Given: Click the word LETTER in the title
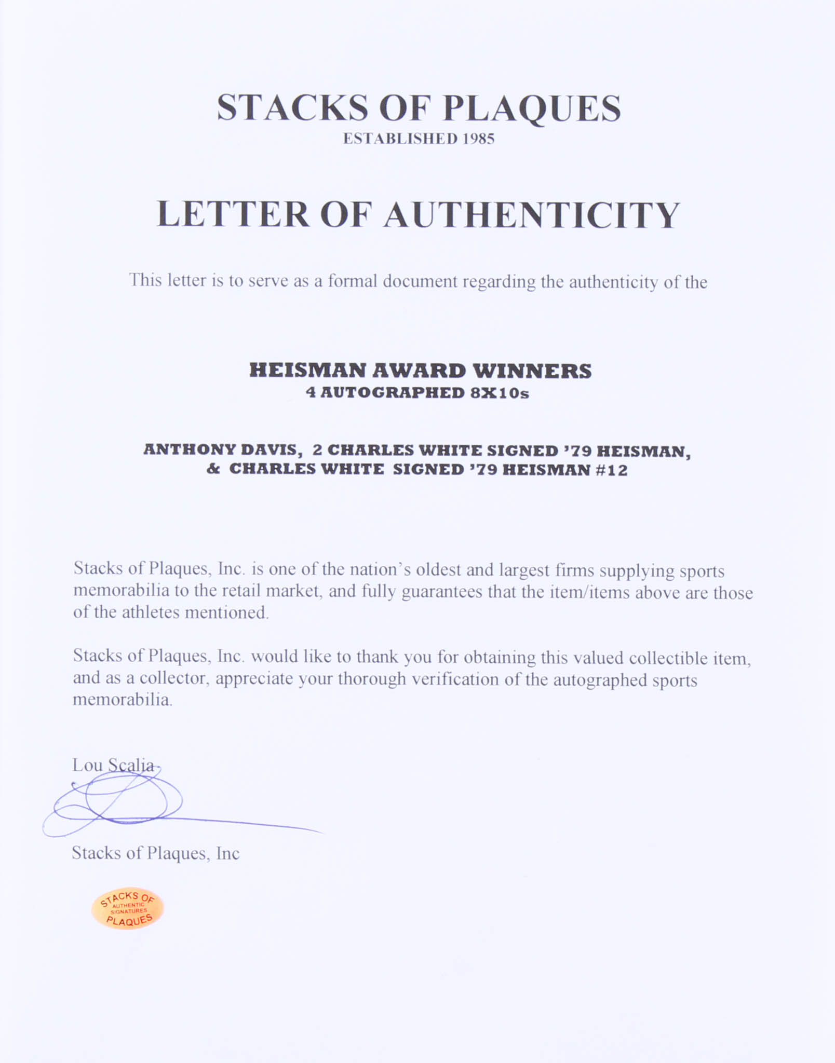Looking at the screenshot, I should click(233, 214).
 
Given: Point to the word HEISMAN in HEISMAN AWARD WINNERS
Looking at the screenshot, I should click(307, 371).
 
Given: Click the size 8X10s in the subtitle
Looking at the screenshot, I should click(500, 393).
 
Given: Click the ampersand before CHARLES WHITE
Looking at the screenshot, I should click(213, 469).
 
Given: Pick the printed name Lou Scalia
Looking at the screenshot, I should click(113, 766).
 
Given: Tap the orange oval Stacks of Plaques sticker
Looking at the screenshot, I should click(128, 908).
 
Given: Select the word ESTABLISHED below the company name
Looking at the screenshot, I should click(400, 139).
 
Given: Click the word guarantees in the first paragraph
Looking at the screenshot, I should click(442, 592).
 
